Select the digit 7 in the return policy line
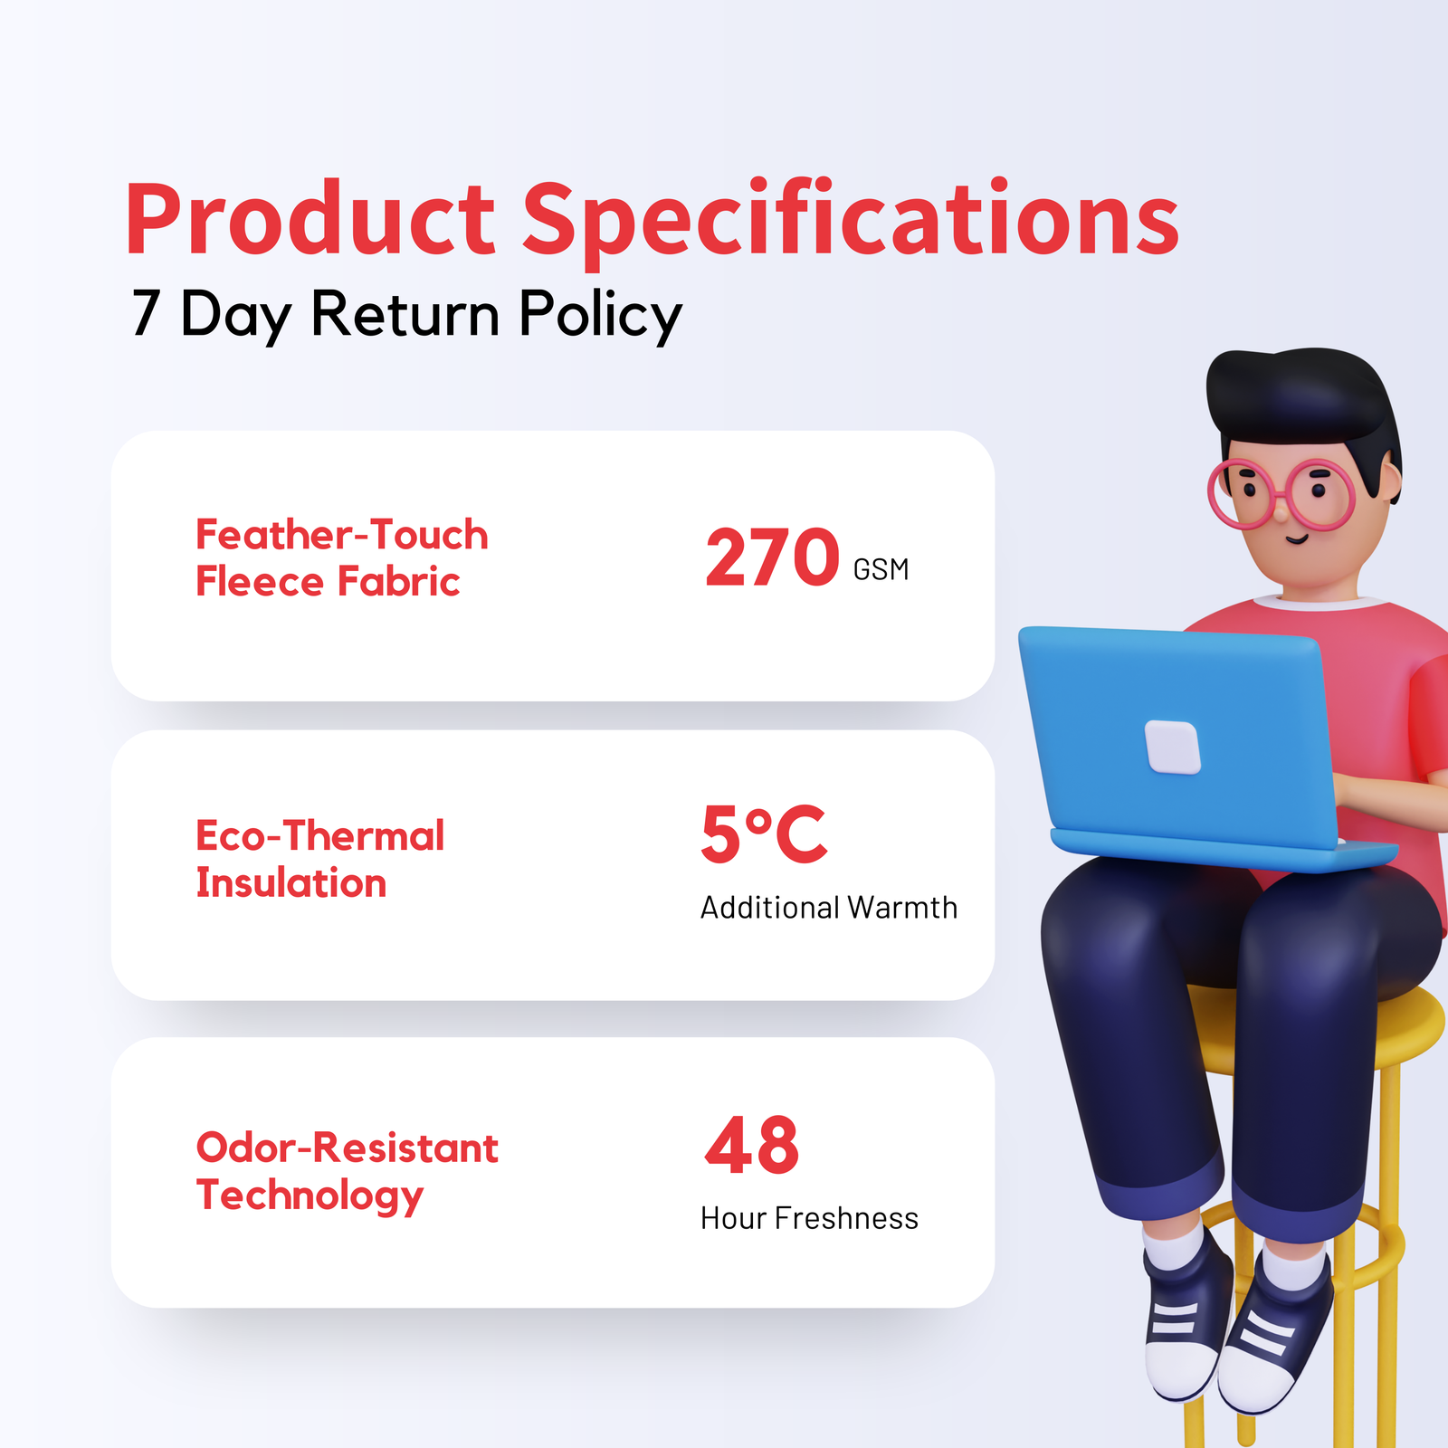(146, 313)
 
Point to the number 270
(772, 557)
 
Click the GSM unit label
(881, 569)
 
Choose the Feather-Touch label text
(342, 535)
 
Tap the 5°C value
(764, 834)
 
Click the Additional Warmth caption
(829, 908)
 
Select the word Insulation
(291, 882)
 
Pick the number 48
(752, 1145)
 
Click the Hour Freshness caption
(809, 1218)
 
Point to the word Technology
(310, 1196)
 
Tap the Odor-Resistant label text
(348, 1148)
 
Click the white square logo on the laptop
(1173, 747)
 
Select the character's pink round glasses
(1281, 494)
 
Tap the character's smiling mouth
(1298, 539)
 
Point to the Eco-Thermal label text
(320, 835)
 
